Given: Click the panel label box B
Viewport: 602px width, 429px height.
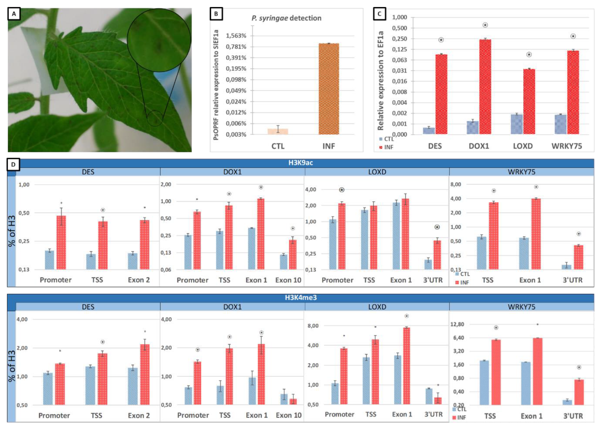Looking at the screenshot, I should tap(216, 14).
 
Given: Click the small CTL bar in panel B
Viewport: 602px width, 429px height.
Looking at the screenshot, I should tap(278, 131).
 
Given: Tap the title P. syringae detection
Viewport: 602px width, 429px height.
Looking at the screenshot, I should tap(286, 18).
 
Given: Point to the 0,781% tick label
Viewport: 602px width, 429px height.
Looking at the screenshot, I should tap(236, 47).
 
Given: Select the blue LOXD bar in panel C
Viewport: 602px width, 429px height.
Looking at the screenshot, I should tap(516, 124).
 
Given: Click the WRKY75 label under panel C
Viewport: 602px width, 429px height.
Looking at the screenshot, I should tap(566, 146).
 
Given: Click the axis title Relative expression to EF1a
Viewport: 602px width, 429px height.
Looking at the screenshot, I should tap(380, 81).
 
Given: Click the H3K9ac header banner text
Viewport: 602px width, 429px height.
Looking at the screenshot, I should tap(301, 163).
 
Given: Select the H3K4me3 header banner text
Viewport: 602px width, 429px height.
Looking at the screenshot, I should tap(301, 298).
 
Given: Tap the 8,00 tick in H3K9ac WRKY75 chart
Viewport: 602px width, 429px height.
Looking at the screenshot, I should tap(455, 184).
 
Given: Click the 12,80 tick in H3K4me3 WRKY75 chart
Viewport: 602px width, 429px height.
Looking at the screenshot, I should tap(457, 324).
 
